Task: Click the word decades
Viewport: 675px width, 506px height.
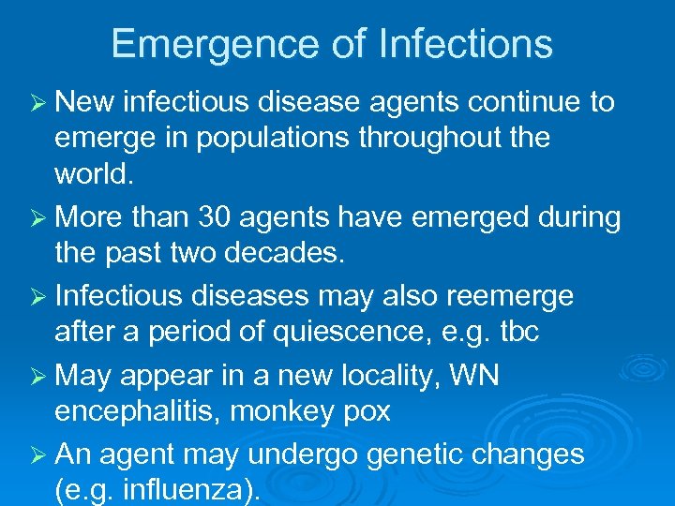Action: pyautogui.click(x=301, y=253)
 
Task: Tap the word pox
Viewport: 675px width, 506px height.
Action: pyautogui.click(x=365, y=412)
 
